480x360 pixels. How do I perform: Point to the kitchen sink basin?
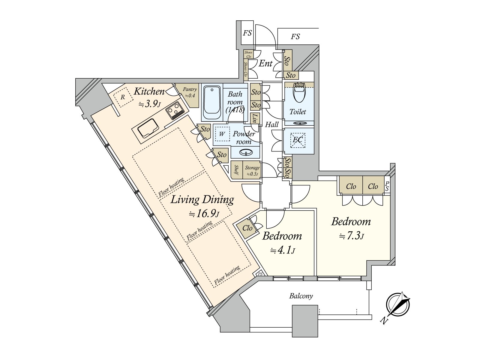click(148, 129)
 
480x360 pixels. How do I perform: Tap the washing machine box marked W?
click(221, 134)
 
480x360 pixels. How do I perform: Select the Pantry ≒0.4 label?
click(190, 92)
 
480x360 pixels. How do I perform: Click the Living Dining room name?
click(202, 200)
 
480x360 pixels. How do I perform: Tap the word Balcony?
click(301, 296)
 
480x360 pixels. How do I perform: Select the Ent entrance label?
click(265, 64)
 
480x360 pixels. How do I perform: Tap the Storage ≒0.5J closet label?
click(252, 171)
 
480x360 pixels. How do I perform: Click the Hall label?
click(272, 124)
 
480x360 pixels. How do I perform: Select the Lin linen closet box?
click(255, 118)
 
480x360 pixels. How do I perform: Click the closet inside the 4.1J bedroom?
click(247, 228)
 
